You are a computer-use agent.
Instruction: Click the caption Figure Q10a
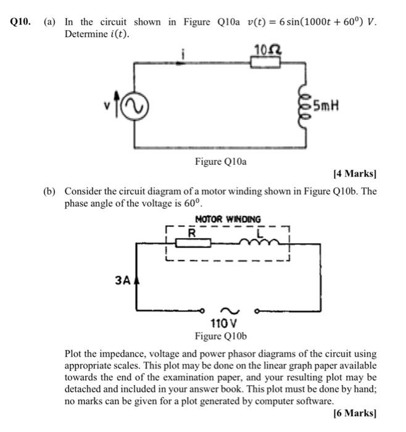[x=220, y=162]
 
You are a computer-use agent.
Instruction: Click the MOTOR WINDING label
[x=228, y=219]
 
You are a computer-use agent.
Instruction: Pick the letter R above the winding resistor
[x=192, y=234]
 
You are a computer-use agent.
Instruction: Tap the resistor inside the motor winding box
[x=193, y=243]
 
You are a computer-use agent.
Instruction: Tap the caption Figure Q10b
[x=220, y=336]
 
